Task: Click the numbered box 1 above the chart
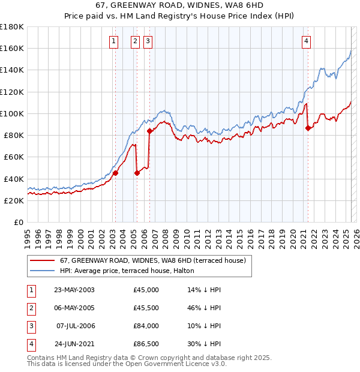coord(114,41)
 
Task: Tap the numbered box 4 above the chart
coord(306,41)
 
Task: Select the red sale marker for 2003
coord(115,173)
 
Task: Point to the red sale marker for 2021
coord(308,128)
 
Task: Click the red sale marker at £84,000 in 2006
coord(149,131)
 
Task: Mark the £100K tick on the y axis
coord(12,113)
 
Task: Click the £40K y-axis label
coord(14,179)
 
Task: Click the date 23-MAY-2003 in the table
coord(74,290)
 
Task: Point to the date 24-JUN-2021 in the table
coord(74,344)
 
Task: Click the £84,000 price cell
coord(146,326)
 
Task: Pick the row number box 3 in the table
coord(31,326)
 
